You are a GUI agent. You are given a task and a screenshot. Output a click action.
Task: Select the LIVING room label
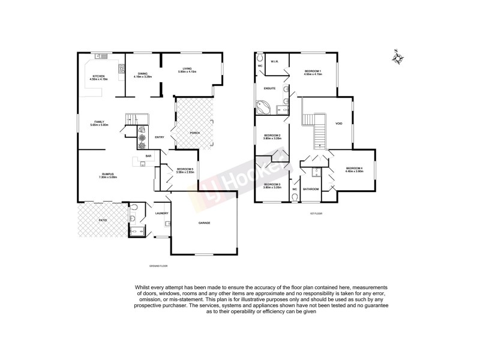(x=187, y=69)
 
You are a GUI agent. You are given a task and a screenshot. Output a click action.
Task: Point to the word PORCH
(x=194, y=133)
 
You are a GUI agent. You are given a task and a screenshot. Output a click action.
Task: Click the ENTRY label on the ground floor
(x=160, y=137)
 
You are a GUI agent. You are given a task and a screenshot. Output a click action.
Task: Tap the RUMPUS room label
(x=107, y=174)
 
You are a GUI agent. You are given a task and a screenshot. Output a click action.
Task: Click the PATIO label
(x=103, y=221)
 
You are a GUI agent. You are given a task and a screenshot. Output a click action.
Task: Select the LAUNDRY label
(x=161, y=213)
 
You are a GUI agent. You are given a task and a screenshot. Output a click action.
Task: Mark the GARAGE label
(x=205, y=223)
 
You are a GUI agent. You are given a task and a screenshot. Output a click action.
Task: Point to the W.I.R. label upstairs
(x=273, y=61)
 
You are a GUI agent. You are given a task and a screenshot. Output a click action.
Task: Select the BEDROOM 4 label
(x=354, y=168)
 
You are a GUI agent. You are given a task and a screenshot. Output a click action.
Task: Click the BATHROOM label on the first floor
(x=311, y=189)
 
